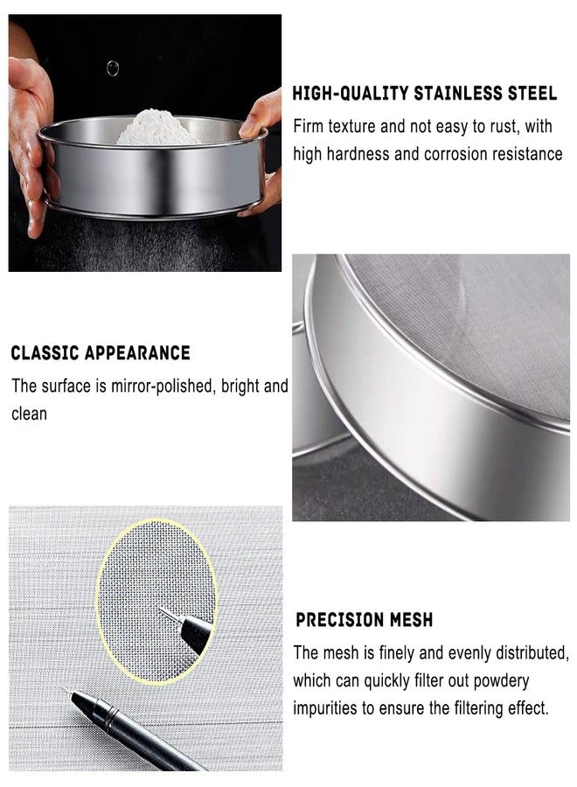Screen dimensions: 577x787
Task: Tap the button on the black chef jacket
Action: pyautogui.click(x=113, y=68)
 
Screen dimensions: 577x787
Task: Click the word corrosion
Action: pyautogui.click(x=455, y=154)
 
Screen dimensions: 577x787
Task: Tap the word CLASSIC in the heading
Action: pyautogui.click(x=45, y=353)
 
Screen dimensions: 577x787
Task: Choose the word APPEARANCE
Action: pyautogui.click(x=137, y=353)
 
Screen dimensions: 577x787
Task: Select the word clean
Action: pyautogui.click(x=29, y=414)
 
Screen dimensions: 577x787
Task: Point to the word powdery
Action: pyautogui.click(x=501, y=681)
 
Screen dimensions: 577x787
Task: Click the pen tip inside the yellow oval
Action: pyautogui.click(x=162, y=609)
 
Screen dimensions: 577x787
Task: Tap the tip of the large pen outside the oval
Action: pyautogui.click(x=65, y=689)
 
